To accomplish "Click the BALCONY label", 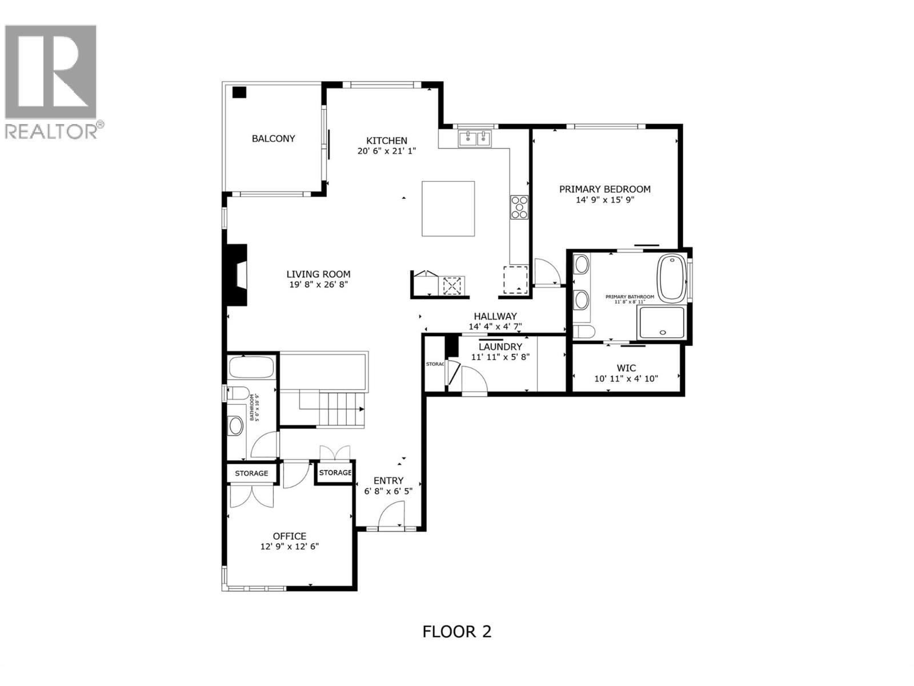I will coord(274,138).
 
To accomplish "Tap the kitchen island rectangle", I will coord(448,209).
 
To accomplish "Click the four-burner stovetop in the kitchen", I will coord(519,207).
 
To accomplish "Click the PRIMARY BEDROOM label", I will coord(604,189).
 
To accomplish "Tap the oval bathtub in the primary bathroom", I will coord(672,278).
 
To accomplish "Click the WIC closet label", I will coord(626,368).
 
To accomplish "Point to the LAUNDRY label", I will coord(500,347).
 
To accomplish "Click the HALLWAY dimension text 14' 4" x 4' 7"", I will coord(495,327).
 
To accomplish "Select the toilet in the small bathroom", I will coord(238,393).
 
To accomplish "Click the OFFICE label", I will coord(289,536).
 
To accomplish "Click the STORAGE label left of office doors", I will coord(251,473).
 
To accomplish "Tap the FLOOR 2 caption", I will coord(456,632).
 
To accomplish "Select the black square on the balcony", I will coord(239,92).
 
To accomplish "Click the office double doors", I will coord(251,496).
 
